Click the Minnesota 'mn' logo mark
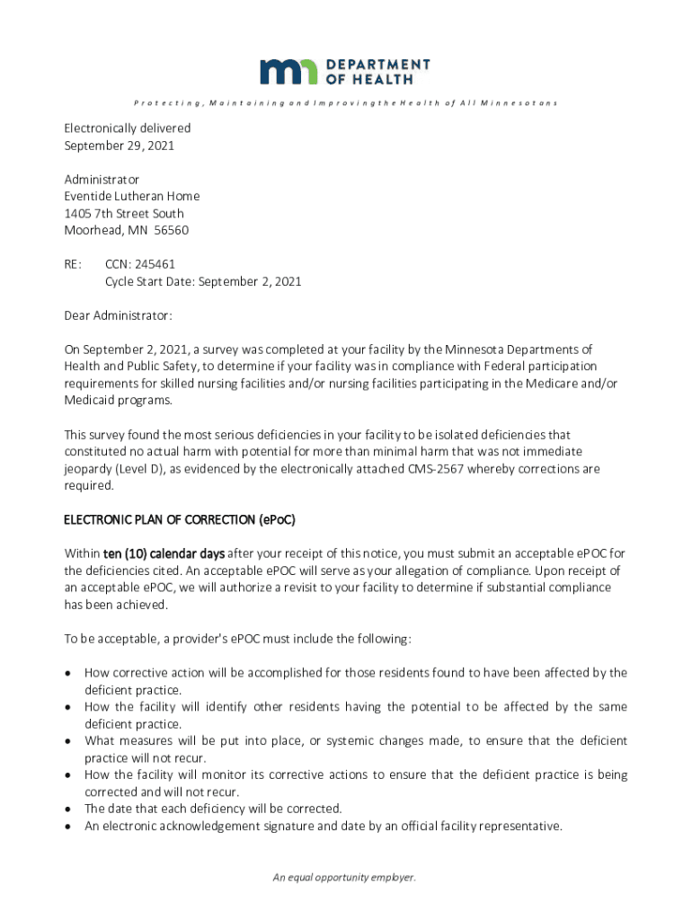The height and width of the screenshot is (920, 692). [x=288, y=72]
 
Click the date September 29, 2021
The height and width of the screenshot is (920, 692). [x=119, y=146]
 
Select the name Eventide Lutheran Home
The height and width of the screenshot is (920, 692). [x=131, y=196]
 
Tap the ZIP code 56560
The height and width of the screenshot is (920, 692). [x=171, y=230]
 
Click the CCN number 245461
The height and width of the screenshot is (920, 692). [x=156, y=264]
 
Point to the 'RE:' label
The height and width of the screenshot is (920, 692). [x=73, y=264]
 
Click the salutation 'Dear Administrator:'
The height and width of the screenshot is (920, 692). [x=118, y=315]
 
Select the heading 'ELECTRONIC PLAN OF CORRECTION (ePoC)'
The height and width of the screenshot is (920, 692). [x=180, y=520]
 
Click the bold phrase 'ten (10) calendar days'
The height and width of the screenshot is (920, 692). [x=158, y=553]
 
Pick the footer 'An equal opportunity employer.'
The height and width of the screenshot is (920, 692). [x=345, y=878]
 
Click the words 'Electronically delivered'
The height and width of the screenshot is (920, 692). [x=127, y=128]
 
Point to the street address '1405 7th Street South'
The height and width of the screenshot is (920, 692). [x=123, y=213]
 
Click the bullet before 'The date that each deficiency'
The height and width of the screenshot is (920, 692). [x=68, y=809]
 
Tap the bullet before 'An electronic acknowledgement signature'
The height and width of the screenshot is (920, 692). [x=68, y=827]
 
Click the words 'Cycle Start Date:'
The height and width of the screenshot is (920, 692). [x=149, y=281]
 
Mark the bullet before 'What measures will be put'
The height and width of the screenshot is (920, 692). [x=68, y=741]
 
